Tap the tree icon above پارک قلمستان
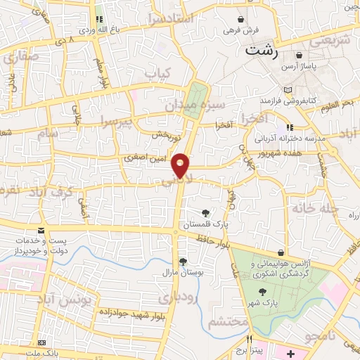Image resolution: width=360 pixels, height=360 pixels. pyautogui.click(x=205, y=213)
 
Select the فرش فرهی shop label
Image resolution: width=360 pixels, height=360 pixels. pyautogui.click(x=242, y=31)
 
